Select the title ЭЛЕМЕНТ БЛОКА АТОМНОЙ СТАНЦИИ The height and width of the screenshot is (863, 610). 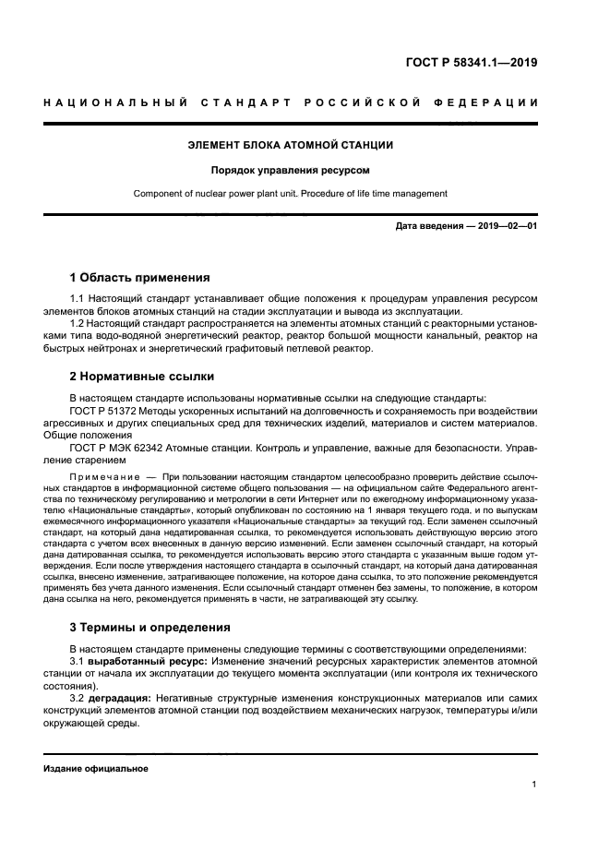[x=291, y=146]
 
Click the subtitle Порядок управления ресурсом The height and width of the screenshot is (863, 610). [x=291, y=171]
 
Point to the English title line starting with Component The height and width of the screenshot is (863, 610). [x=291, y=194]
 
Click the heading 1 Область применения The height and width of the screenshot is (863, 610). [x=140, y=277]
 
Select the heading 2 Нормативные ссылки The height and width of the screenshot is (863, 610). [x=142, y=376]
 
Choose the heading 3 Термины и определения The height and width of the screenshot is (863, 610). [x=150, y=628]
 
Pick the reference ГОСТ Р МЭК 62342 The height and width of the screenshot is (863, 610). [x=116, y=447]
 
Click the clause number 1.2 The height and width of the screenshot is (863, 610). [x=80, y=324]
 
